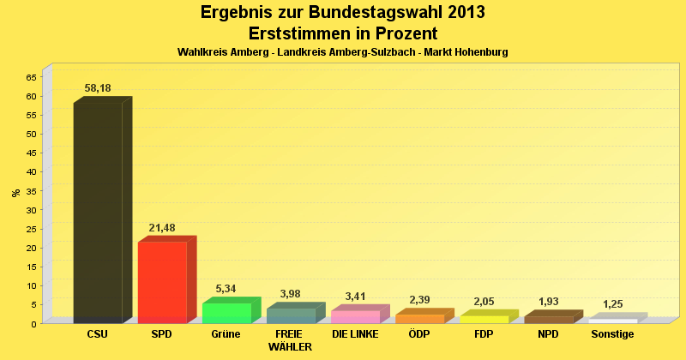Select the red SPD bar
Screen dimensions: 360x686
tap(162, 282)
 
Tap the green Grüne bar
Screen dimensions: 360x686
tap(226, 313)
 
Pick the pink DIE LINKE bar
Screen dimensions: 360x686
tap(355, 316)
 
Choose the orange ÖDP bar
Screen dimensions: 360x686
tap(419, 319)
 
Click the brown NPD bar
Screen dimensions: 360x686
tap(548, 320)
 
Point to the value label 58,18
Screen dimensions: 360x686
tap(98, 88)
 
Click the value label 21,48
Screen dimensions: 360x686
tap(162, 228)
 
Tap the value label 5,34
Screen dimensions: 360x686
tap(226, 289)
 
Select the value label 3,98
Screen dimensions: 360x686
tap(291, 294)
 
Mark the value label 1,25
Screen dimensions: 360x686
tap(612, 304)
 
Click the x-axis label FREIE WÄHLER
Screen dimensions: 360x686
tap(290, 340)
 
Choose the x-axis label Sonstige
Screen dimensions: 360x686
tap(612, 334)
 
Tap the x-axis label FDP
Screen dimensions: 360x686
tap(484, 334)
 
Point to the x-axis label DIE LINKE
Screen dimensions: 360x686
tap(355, 334)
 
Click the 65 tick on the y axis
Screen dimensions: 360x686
tap(31, 77)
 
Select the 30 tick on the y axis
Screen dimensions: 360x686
tap(31, 209)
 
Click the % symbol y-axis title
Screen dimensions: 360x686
tap(15, 192)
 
